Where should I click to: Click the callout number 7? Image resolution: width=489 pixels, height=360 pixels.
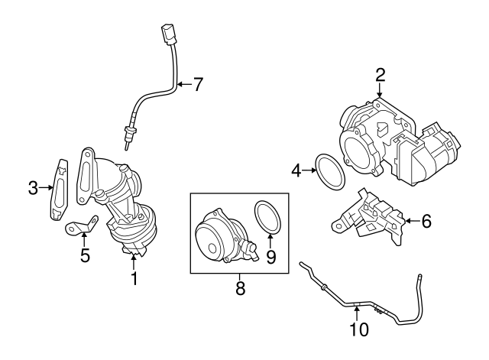(x=198, y=84)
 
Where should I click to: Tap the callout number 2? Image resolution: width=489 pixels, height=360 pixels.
(x=381, y=75)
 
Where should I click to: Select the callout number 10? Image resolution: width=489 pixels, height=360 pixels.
(x=359, y=329)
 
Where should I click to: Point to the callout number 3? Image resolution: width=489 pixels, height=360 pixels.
(x=33, y=188)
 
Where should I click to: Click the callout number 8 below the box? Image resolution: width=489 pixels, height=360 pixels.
(x=240, y=289)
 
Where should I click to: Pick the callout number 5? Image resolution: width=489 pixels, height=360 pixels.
(x=85, y=255)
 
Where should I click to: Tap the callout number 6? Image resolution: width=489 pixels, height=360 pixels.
(x=426, y=221)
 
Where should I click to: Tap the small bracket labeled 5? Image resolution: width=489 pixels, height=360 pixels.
(x=82, y=225)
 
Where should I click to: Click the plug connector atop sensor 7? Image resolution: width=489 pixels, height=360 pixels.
(x=167, y=34)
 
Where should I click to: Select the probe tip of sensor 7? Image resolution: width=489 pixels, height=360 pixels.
(x=127, y=146)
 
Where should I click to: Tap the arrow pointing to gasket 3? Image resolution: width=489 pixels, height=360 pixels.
(x=46, y=187)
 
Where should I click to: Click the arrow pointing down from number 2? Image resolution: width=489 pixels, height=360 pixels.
(x=380, y=91)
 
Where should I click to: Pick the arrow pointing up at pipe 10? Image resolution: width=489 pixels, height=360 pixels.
(x=357, y=313)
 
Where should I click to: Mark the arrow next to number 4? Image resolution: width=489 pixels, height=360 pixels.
(x=309, y=170)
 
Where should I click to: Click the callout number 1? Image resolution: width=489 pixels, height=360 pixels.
(x=134, y=278)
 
